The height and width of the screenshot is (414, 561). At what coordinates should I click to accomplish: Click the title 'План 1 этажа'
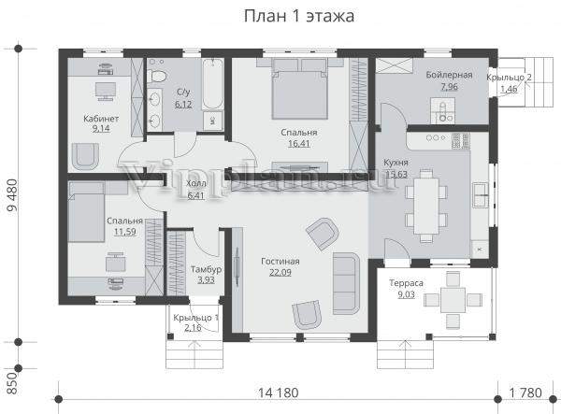point(299,16)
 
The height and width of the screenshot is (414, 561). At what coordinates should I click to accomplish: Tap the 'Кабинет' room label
point(101,119)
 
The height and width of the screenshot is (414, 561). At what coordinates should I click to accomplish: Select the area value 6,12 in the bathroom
point(183,105)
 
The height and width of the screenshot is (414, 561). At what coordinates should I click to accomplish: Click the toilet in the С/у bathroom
point(157,76)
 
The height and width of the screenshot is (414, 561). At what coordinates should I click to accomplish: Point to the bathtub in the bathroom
point(212,83)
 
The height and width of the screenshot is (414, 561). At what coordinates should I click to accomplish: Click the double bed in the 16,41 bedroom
point(300,89)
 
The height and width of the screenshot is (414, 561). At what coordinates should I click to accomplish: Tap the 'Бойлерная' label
point(449,75)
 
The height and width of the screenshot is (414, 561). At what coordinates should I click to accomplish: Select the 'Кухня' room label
point(396,163)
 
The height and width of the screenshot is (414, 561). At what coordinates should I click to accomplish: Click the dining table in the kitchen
point(426,206)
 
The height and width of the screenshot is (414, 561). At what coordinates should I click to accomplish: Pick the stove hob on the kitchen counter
point(460,141)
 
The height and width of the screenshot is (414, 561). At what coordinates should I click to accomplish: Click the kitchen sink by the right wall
point(480,194)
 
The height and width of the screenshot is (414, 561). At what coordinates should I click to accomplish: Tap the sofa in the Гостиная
point(346,283)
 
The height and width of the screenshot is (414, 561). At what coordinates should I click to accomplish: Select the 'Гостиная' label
point(280,262)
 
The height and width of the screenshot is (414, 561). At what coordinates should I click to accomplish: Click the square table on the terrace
point(453,300)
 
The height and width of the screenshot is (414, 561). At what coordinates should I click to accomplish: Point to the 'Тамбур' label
point(206,269)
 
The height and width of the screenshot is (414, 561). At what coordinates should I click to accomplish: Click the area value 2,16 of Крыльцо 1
point(193,327)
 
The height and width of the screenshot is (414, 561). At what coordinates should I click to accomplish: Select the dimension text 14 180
point(279,393)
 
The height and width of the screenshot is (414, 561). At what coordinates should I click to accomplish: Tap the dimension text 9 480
point(12,195)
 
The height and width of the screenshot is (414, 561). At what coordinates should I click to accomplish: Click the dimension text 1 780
point(525,393)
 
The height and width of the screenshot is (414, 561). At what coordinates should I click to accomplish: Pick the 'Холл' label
point(196,184)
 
